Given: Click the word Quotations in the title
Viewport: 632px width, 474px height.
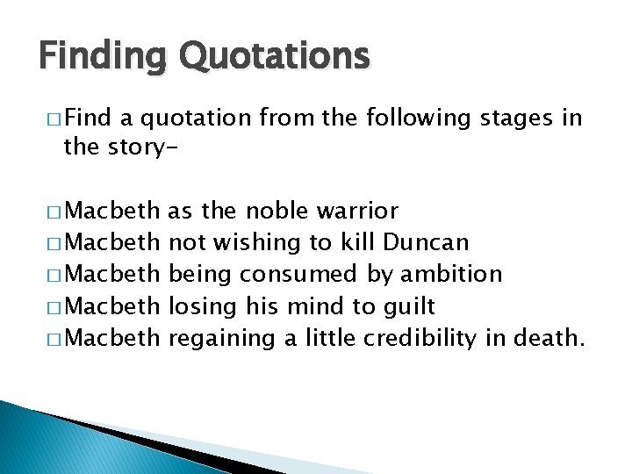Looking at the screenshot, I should pyautogui.click(x=275, y=56).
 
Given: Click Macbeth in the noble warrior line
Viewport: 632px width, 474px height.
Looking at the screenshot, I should pyautogui.click(x=113, y=212).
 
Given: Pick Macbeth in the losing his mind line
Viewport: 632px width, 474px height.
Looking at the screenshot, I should pyautogui.click(x=113, y=305).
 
